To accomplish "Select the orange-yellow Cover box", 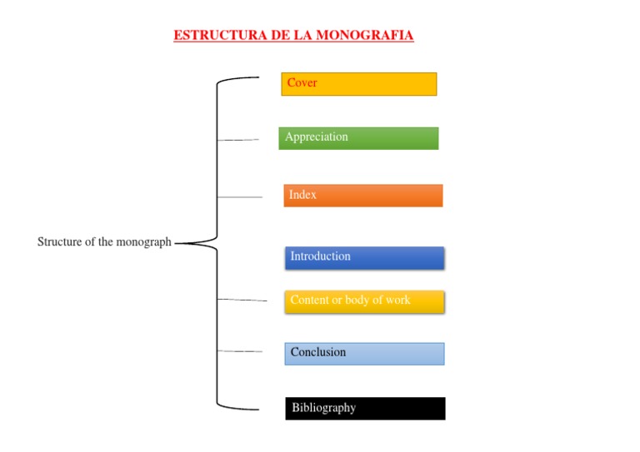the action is click(358, 84).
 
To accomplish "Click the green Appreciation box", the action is click(358, 138).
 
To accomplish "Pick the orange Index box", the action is click(362, 196).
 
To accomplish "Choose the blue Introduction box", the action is click(364, 258).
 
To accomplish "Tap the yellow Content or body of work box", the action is click(364, 301).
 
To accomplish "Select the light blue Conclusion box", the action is click(364, 354).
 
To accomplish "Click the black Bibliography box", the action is click(365, 409).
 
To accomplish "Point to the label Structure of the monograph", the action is click(104, 242).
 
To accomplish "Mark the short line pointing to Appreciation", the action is click(238, 140).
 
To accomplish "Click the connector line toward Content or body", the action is click(242, 300).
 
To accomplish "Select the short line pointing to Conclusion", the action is click(240, 352).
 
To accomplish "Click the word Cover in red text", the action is click(302, 83).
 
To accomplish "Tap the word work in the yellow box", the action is click(397, 301).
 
